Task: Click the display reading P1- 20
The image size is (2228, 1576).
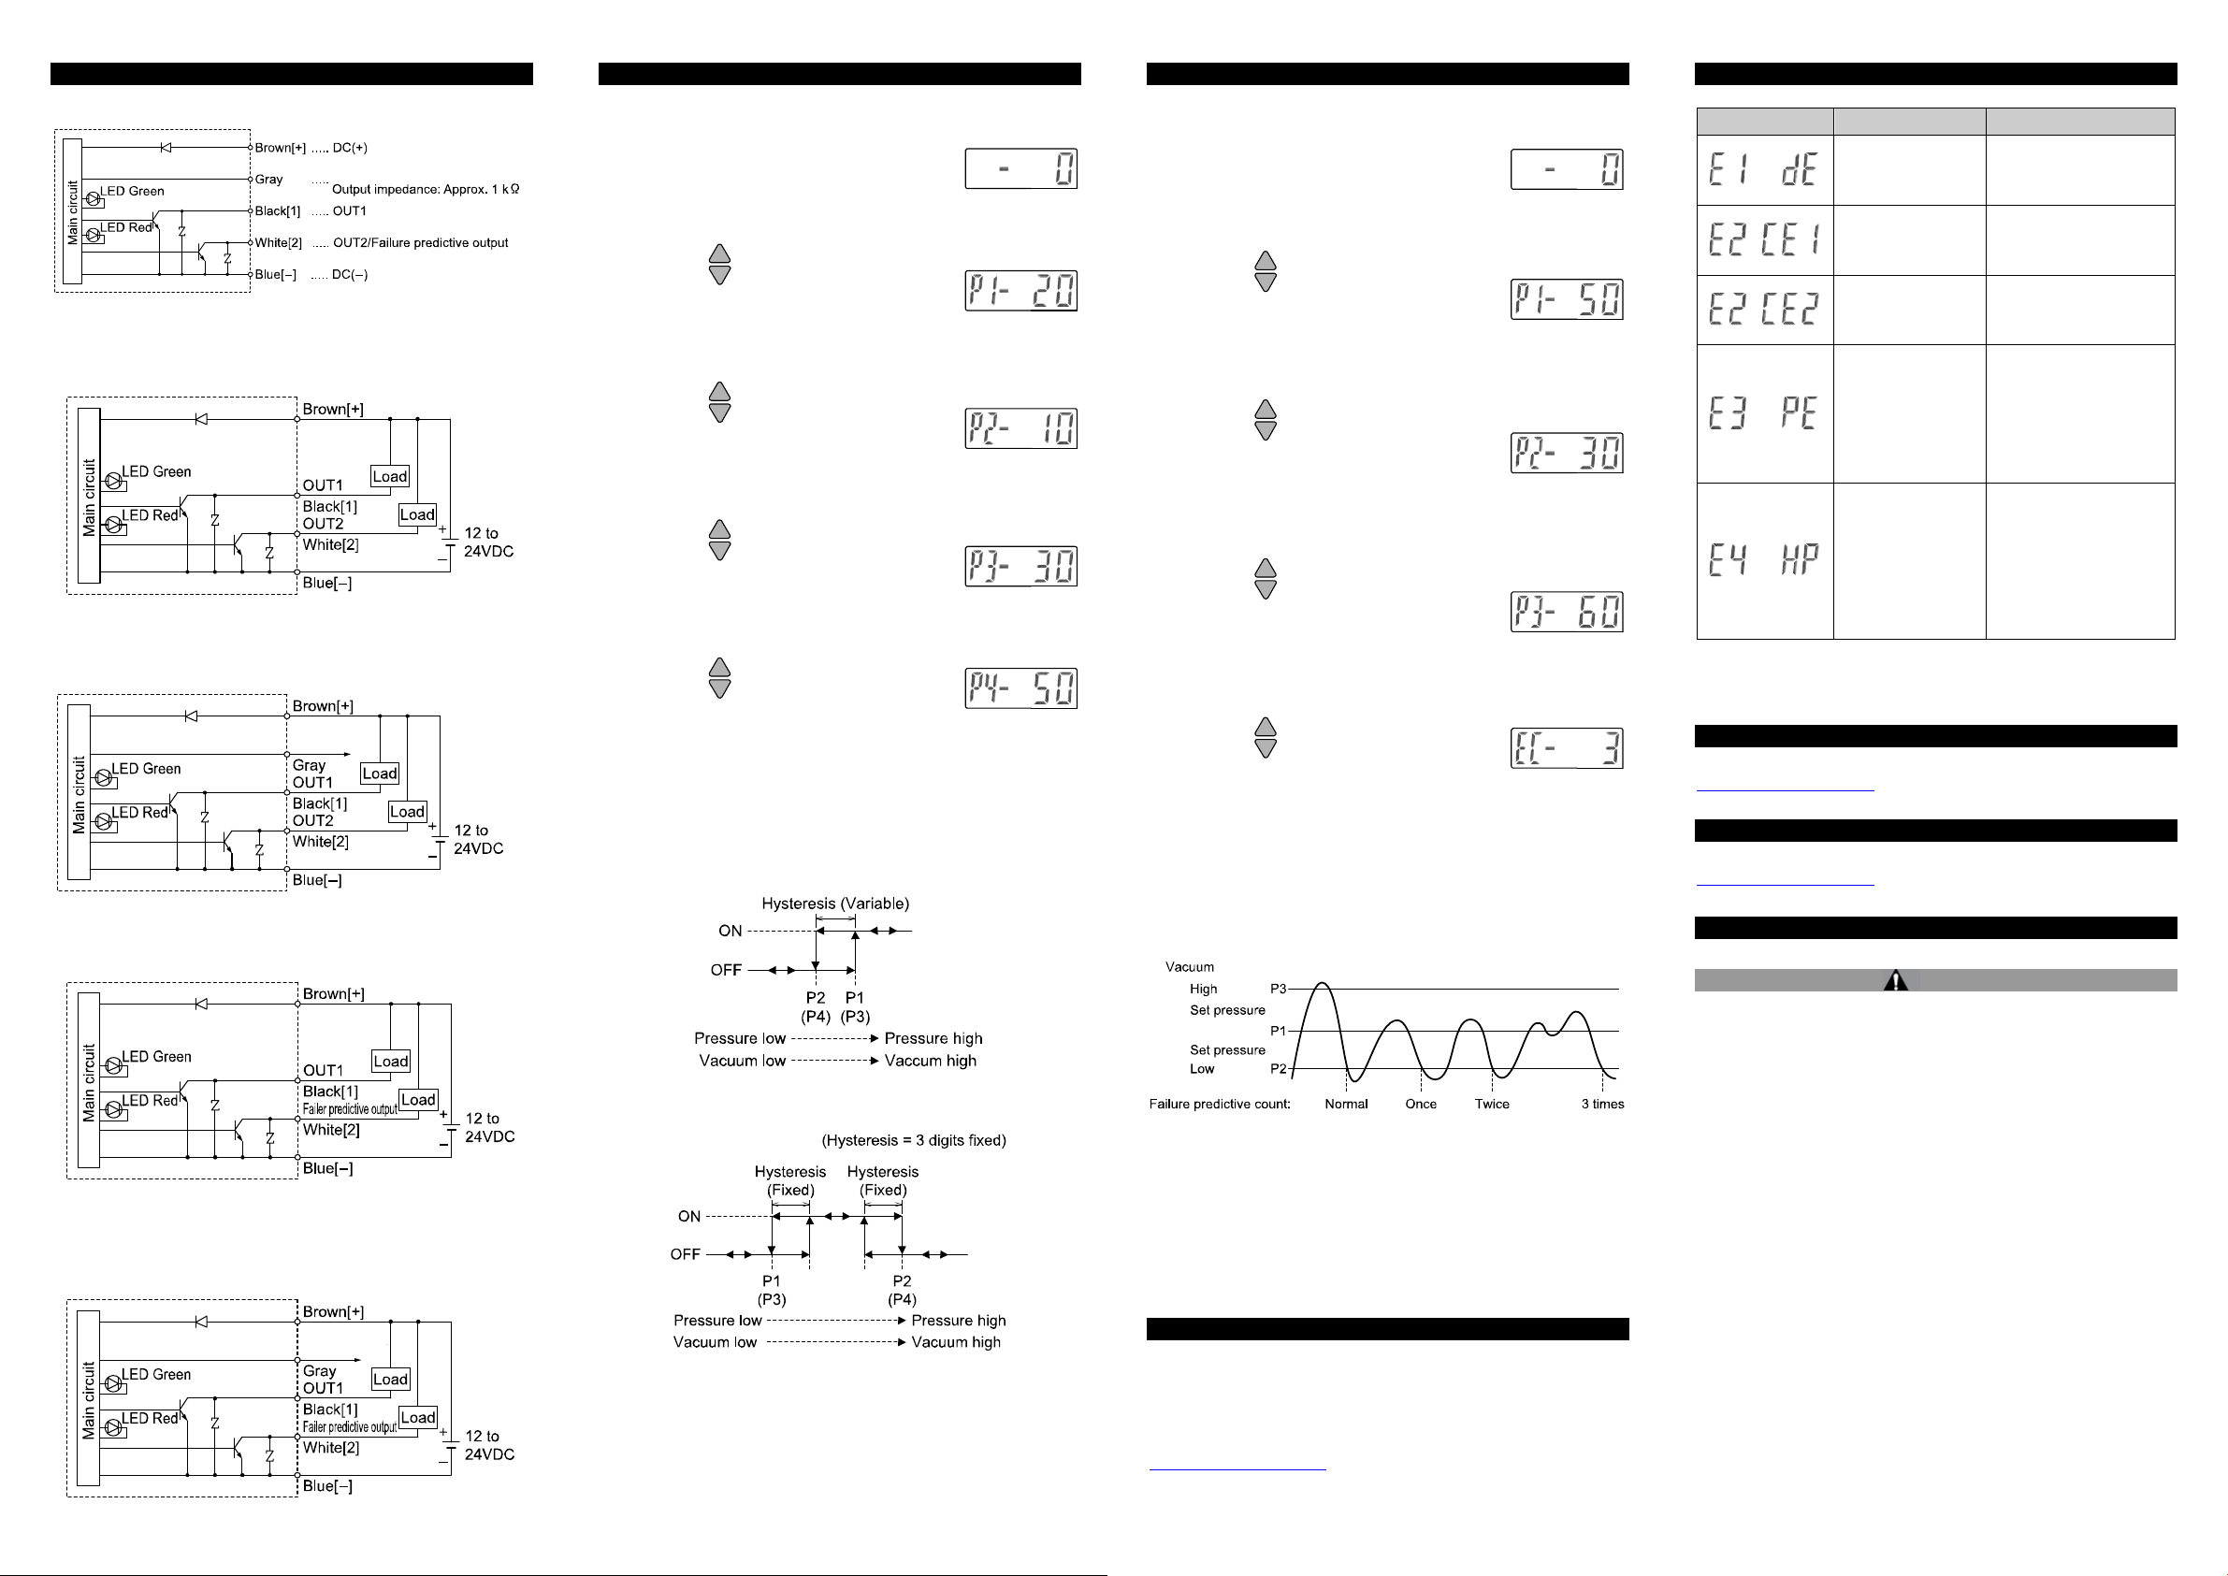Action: coord(1020,290)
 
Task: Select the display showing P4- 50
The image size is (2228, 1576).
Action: coord(1020,688)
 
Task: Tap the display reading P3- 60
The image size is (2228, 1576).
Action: coord(1566,612)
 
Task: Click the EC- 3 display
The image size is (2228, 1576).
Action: coord(1566,748)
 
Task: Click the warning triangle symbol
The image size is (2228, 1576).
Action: coord(1895,980)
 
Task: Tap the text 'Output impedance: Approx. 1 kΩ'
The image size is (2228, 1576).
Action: coord(425,189)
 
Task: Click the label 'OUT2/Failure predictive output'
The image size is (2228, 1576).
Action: coord(420,242)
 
